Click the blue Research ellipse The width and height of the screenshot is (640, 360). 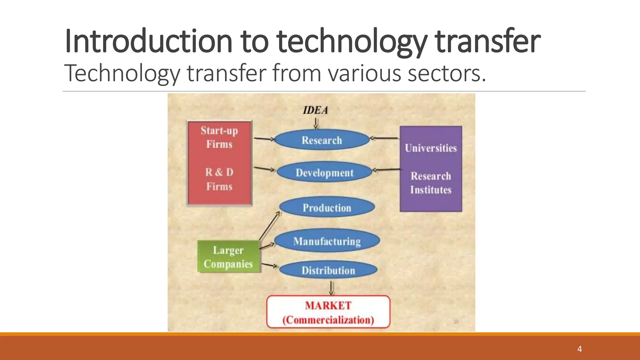coord(322,140)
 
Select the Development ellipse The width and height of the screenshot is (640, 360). coord(324,172)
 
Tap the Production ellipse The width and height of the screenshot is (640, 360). coord(327,207)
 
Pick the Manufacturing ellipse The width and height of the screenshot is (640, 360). coord(327,241)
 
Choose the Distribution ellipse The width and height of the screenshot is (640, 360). coord(328,270)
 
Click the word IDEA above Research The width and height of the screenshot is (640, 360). coord(316,110)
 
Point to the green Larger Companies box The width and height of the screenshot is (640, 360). coord(228,257)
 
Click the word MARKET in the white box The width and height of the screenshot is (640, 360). coord(328,305)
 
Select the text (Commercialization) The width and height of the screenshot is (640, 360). coord(328,320)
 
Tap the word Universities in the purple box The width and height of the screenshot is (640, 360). coord(431,148)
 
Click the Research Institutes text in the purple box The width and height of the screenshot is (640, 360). coord(431,183)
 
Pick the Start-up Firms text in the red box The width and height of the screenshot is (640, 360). coord(219,137)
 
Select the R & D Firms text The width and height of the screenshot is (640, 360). coord(219,179)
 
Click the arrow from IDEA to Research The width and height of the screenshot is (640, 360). coord(316,123)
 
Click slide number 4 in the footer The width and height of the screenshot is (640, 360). coord(579,349)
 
